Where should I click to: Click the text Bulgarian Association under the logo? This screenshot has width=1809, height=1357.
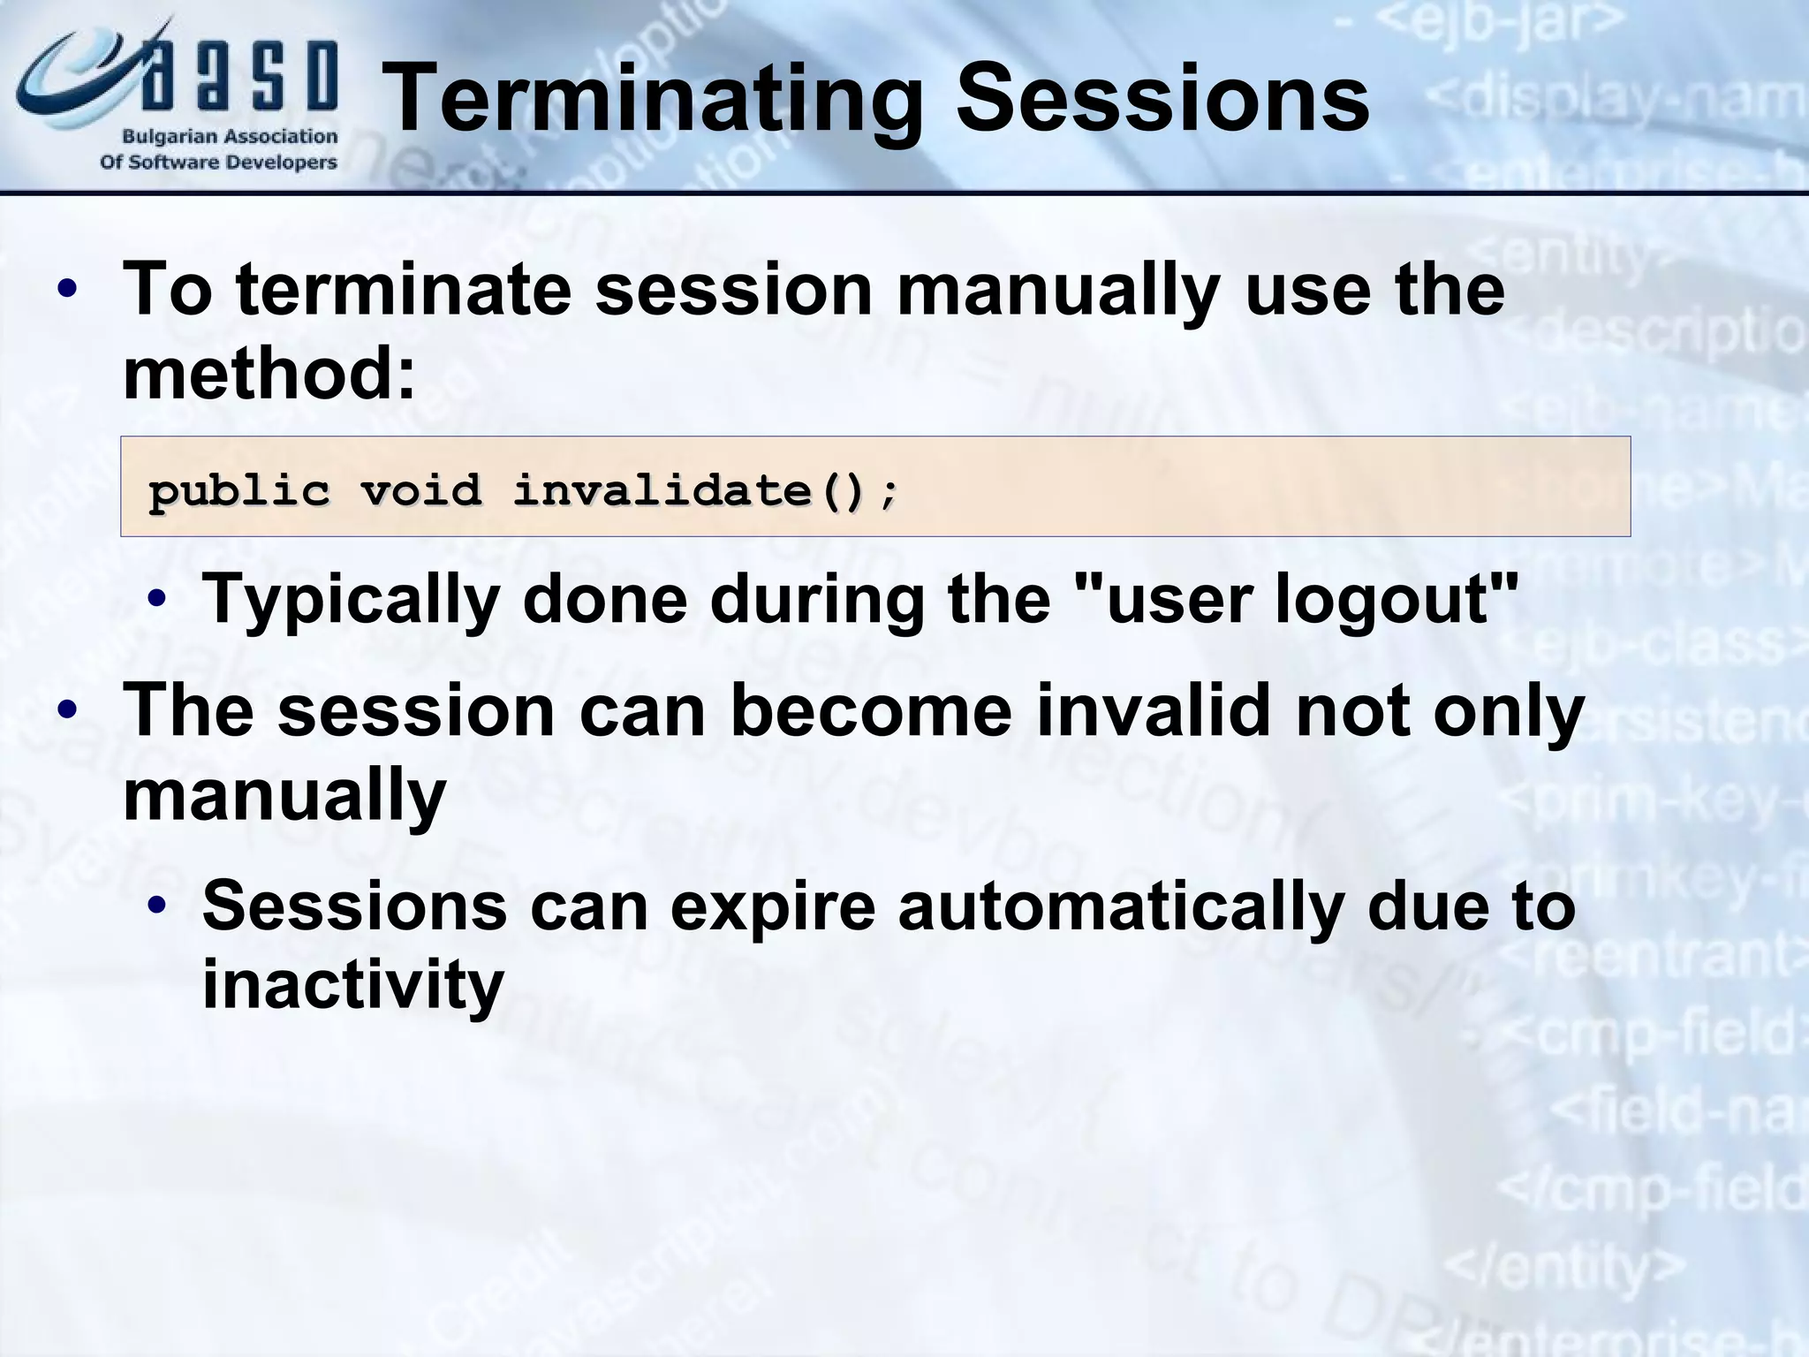click(230, 137)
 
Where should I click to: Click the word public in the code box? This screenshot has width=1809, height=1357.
click(238, 489)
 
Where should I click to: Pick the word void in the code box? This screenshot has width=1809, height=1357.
click(420, 489)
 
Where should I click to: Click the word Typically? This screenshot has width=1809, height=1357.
click(352, 599)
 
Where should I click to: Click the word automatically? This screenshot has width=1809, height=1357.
click(1121, 906)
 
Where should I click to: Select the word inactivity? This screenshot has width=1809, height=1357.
click(352, 984)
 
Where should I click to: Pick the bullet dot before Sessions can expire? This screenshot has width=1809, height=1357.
click(157, 906)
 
